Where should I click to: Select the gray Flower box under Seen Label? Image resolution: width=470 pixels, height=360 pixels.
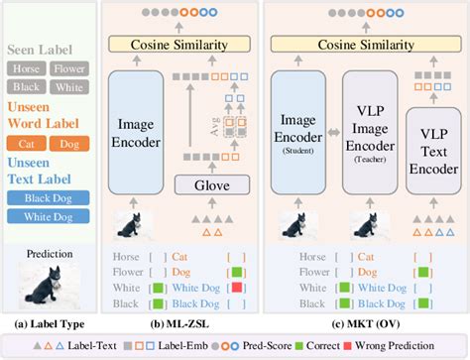click(x=67, y=70)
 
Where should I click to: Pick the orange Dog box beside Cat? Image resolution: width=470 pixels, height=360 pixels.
click(x=69, y=144)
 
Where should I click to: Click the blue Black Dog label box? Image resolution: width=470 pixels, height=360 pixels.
click(x=49, y=197)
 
